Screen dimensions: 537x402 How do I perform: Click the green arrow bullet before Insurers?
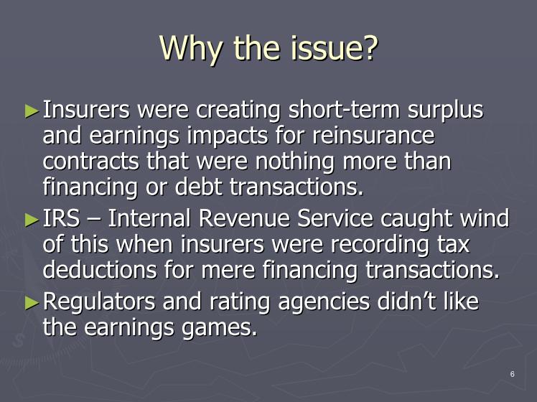[x=32, y=111]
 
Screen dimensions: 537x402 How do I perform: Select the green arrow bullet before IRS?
[x=32, y=220]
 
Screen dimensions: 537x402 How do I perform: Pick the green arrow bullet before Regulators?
[x=32, y=303]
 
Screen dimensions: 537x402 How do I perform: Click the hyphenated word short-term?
[x=344, y=110]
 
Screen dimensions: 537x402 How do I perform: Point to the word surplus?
[x=445, y=111]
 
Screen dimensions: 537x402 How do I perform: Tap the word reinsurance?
[x=373, y=136]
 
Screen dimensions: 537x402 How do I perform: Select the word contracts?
[x=90, y=162]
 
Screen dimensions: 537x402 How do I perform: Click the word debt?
[x=198, y=187]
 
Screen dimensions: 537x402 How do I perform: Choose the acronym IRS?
[x=61, y=218]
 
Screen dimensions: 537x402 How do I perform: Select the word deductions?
[x=100, y=269]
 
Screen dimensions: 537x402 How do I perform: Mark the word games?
[x=219, y=328]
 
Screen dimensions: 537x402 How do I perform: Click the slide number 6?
[x=513, y=374]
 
